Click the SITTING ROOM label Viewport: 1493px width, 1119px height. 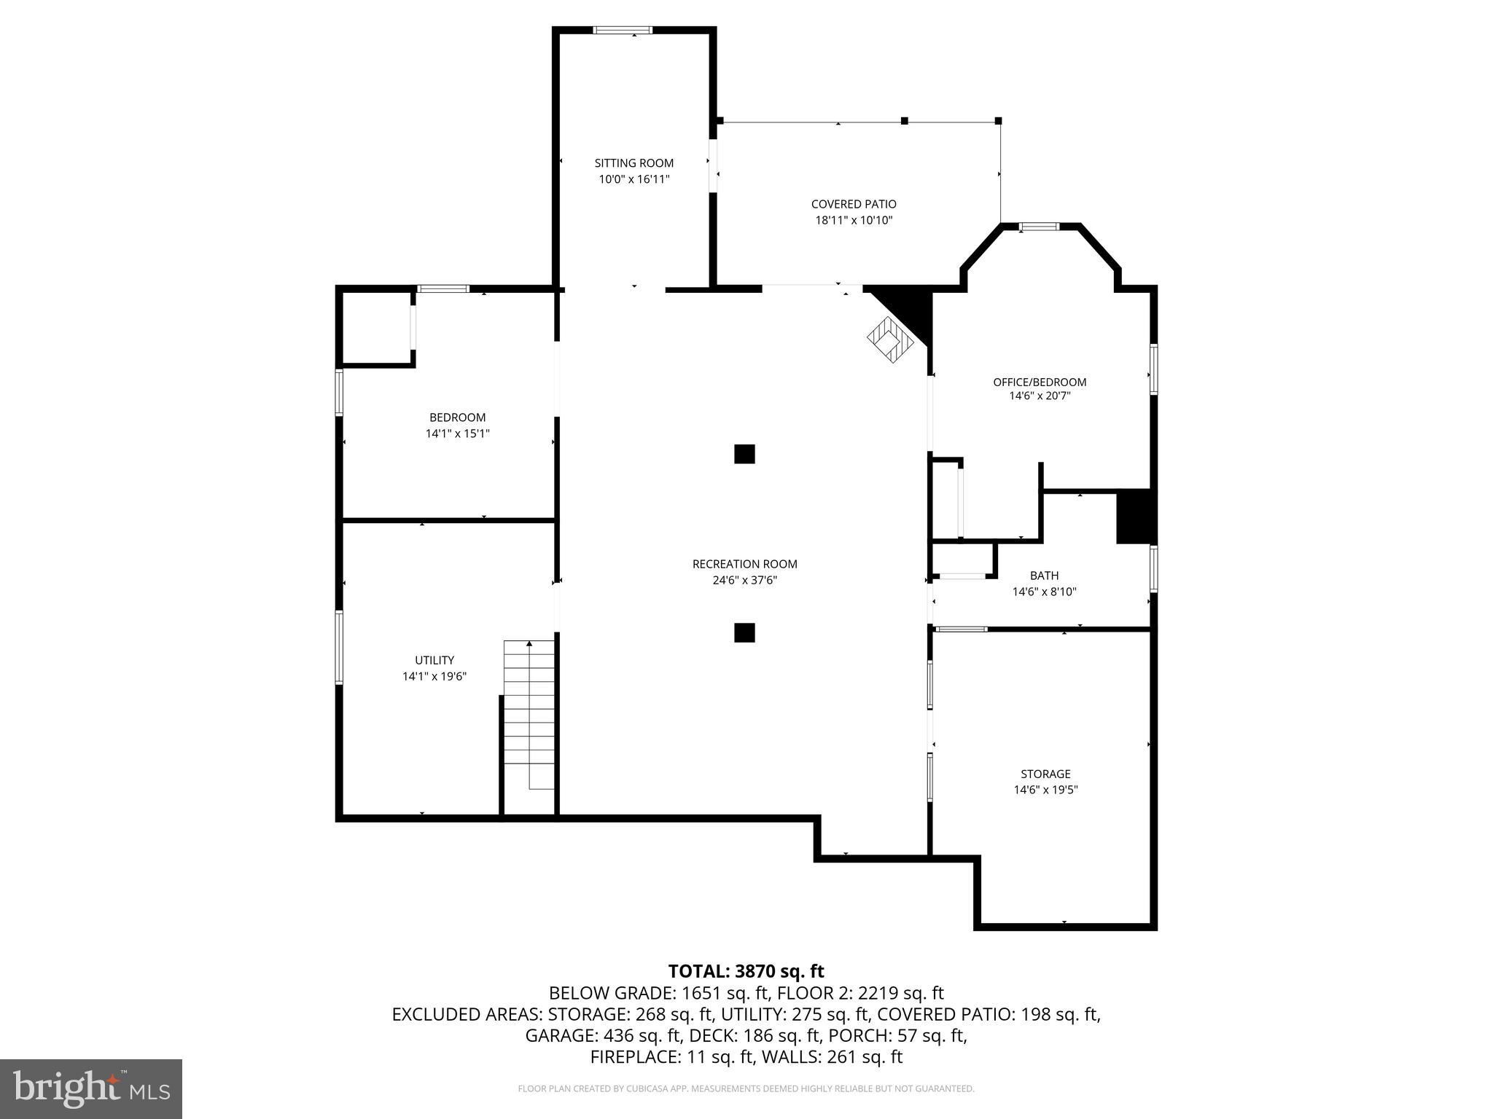tap(634, 163)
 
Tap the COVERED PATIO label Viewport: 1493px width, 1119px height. tap(854, 204)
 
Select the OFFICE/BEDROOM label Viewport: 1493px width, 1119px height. tap(1040, 382)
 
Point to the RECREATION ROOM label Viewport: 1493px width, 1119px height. tap(744, 564)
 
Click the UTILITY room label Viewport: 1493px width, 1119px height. tap(434, 660)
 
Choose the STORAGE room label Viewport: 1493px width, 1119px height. tap(1045, 774)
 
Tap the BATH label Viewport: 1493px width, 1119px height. tap(1044, 576)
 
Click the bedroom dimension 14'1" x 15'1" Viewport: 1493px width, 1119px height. tap(457, 433)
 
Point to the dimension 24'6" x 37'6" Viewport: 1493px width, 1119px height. tap(744, 581)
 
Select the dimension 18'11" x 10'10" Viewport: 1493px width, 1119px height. tap(854, 220)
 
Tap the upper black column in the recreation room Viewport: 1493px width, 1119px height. tap(744, 454)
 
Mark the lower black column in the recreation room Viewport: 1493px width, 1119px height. tap(744, 632)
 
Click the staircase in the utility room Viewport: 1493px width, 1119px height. tap(529, 715)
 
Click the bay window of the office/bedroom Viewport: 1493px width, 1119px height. tap(1039, 227)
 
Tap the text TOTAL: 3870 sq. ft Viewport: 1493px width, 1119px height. tap(746, 971)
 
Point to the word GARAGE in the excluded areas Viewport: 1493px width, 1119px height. tap(558, 1035)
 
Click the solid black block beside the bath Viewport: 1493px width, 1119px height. tap(1134, 517)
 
